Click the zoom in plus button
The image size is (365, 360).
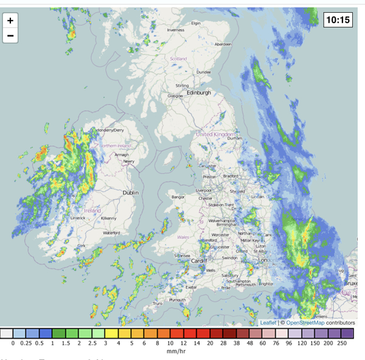coord(10,20)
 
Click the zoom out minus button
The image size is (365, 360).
coord(10,35)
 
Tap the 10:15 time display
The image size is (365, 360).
coord(338,19)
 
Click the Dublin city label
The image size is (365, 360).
coord(131,192)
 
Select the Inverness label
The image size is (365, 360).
coord(176,30)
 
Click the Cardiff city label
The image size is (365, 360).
coord(200,261)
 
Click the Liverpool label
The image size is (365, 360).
coord(203,191)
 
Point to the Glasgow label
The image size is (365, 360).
coord(175,96)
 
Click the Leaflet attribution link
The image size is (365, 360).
coord(268,322)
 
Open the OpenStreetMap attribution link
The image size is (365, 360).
coord(305,322)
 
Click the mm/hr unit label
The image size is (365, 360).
coord(176,351)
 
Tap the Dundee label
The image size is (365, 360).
coord(203,72)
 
